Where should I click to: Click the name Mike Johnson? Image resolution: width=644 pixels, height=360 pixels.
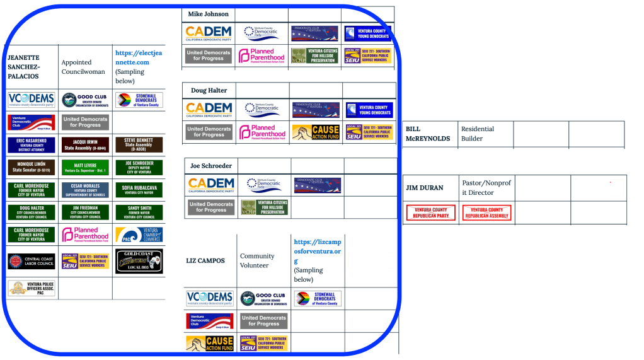point(208,14)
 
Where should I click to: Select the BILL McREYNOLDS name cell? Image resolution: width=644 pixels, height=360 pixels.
point(427,134)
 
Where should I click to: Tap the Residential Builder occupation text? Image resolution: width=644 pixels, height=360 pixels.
point(477,134)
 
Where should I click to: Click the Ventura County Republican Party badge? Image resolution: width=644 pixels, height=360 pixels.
point(431,212)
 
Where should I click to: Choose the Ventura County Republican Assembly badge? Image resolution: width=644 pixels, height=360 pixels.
point(486,212)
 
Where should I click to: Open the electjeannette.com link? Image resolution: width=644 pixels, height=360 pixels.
point(138,57)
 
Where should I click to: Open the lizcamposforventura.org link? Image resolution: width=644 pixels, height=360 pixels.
point(317,252)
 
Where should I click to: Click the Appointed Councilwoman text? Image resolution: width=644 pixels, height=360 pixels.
point(76,67)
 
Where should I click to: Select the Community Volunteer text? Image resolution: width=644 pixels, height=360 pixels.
point(257,260)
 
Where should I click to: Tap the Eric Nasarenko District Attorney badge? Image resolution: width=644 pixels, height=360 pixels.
point(32,145)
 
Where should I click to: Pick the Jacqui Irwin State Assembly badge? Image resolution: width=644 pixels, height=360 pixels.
point(85,145)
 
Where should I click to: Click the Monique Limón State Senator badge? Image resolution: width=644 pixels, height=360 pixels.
point(32,168)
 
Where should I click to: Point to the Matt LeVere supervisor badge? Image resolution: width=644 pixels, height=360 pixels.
point(85,168)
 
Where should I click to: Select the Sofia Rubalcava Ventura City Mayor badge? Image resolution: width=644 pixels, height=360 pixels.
point(139,190)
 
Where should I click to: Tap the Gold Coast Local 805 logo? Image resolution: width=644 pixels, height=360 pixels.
point(139,260)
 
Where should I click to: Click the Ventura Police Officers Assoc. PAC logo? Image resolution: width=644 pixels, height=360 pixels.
point(32,288)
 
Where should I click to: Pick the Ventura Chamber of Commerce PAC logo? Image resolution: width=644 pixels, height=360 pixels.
point(139,235)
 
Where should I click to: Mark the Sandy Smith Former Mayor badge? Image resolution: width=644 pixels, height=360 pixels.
point(139,212)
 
